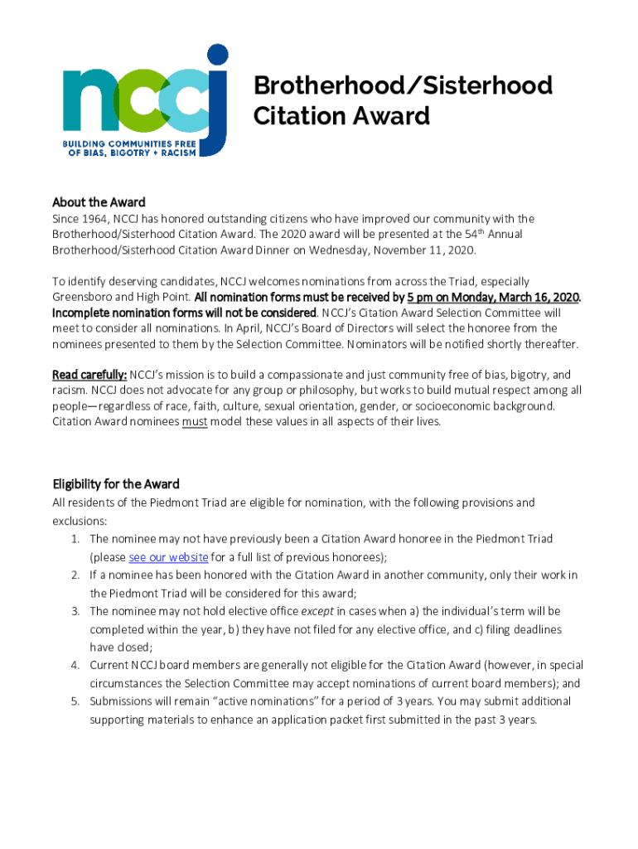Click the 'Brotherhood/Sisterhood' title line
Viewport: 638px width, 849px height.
pos(403,85)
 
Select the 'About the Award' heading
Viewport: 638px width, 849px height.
pos(99,202)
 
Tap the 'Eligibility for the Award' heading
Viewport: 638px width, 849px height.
pos(116,484)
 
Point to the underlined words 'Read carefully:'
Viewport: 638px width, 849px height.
pos(89,375)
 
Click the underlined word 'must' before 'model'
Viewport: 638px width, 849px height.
pos(194,421)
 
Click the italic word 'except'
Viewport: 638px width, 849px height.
pos(317,611)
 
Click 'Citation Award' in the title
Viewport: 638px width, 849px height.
pos(341,116)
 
